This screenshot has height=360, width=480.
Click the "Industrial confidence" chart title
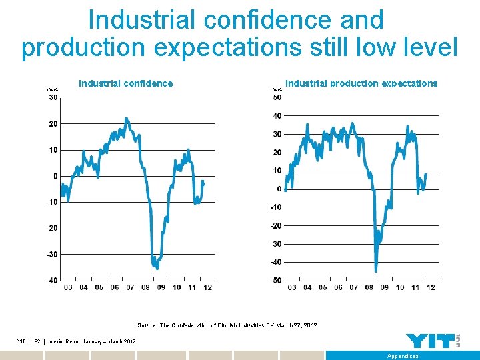[125, 83]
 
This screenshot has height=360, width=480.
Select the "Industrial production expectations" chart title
[361, 83]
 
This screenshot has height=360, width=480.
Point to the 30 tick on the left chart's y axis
[53, 98]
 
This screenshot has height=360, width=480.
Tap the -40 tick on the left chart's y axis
[52, 280]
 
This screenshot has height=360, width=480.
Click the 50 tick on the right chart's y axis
[277, 98]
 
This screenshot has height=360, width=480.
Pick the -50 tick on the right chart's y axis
[275, 280]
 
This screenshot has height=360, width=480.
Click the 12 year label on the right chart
[431, 287]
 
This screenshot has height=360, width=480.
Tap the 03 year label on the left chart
[68, 287]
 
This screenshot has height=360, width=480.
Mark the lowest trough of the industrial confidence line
[157, 268]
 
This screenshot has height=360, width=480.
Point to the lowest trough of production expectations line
[376, 271]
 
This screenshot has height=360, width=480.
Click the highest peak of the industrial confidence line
[126, 119]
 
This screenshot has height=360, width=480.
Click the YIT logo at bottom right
[433, 341]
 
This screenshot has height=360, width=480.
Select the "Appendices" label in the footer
[403, 356]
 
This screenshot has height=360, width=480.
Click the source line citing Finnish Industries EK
[227, 325]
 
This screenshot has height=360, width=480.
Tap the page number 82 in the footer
[37, 341]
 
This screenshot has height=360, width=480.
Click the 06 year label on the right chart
[338, 287]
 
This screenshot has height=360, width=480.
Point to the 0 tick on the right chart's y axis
[279, 189]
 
